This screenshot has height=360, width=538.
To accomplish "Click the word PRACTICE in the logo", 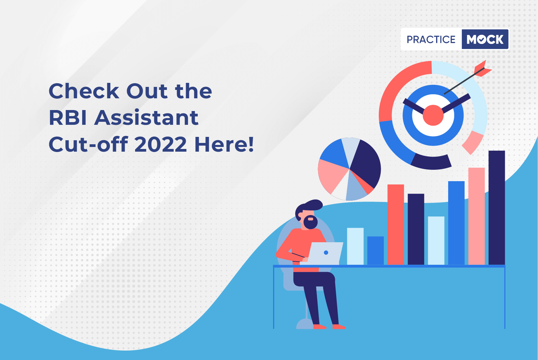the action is (x=431, y=39).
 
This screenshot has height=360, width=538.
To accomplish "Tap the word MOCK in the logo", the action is (x=485, y=39).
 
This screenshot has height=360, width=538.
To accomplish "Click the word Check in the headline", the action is (x=84, y=91).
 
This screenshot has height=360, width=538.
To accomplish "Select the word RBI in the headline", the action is (x=68, y=117).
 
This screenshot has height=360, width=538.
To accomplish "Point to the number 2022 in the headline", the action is (x=161, y=144).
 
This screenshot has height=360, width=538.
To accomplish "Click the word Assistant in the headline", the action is (x=146, y=117).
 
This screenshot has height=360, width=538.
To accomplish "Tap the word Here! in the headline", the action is (x=224, y=144).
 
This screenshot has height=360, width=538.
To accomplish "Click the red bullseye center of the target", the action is (x=433, y=115).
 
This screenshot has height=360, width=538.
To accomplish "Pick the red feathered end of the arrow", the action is (x=482, y=69).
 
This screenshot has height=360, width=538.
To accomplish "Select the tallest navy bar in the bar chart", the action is (x=497, y=208).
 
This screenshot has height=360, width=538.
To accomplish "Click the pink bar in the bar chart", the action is (x=477, y=216).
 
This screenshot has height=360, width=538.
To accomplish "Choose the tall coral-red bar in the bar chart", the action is (x=396, y=224).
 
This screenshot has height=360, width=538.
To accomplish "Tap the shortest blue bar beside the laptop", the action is (x=375, y=250).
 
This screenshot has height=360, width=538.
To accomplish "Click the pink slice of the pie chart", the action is (x=332, y=175).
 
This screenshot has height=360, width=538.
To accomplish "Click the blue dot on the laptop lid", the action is (x=326, y=252).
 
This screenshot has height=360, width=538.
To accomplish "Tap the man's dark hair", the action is (x=309, y=207).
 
